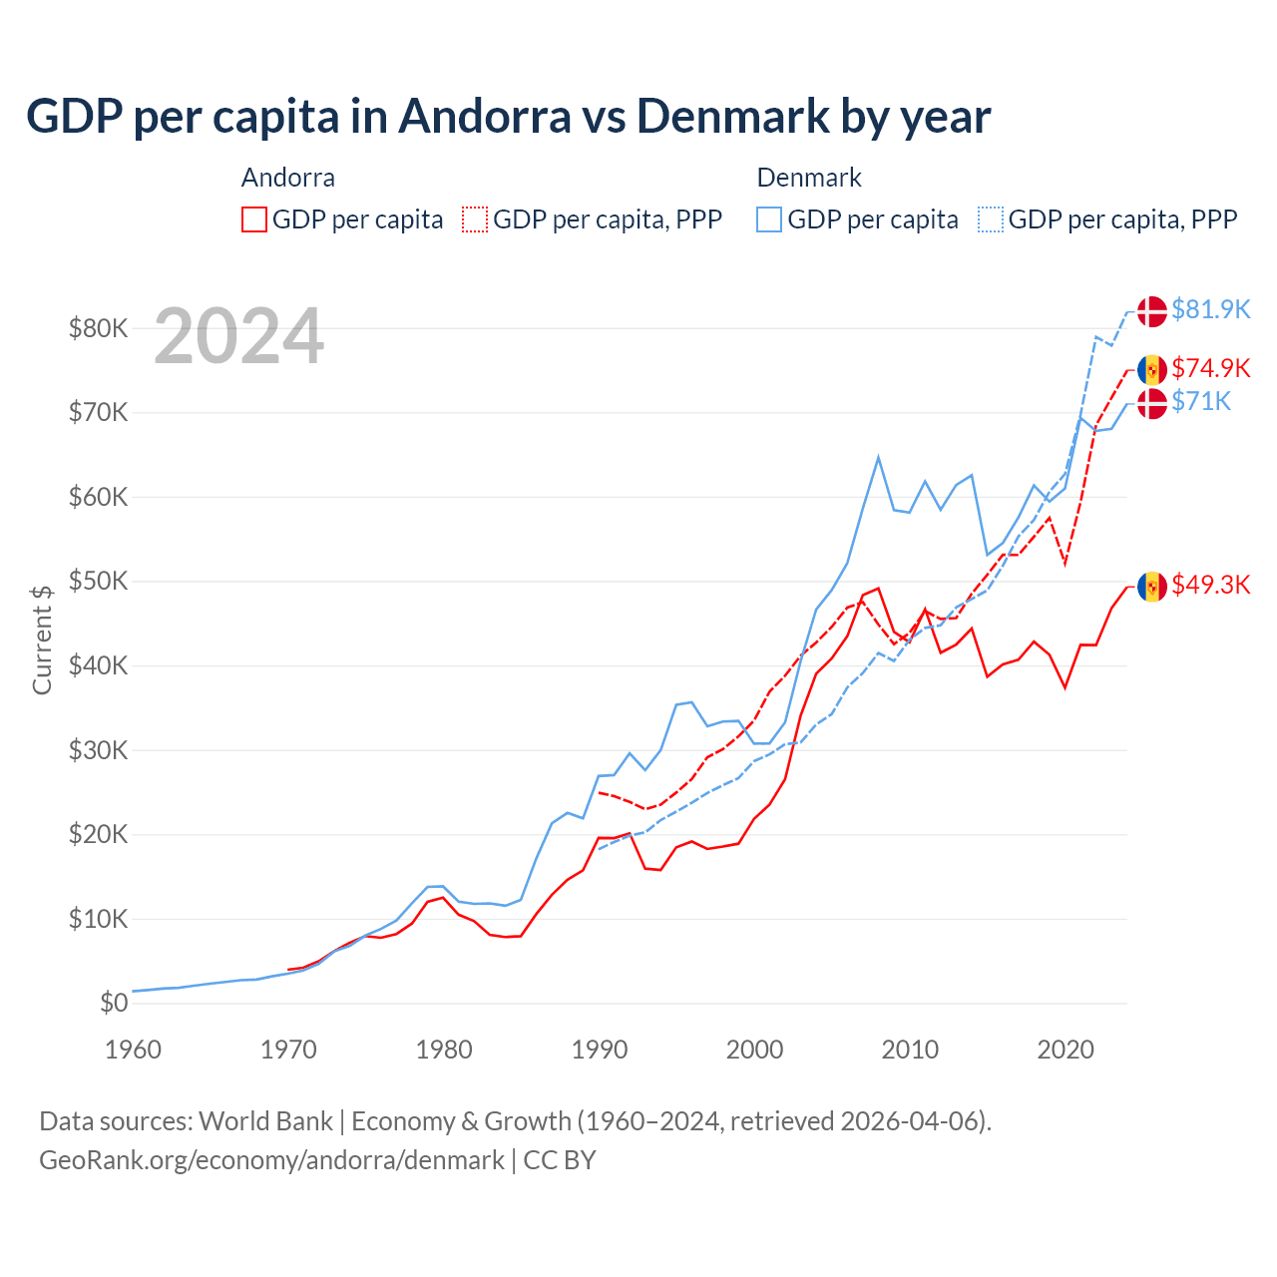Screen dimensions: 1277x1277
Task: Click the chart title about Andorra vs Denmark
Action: pos(508,117)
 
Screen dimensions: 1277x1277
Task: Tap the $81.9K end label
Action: pos(1210,309)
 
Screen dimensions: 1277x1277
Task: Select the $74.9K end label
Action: pos(1210,368)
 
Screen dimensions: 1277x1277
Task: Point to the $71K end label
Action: pos(1201,401)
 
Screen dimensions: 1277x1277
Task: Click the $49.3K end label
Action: pos(1210,585)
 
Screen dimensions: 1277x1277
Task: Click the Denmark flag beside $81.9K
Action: pos(1152,311)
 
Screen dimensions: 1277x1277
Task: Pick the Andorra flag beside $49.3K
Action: pos(1152,587)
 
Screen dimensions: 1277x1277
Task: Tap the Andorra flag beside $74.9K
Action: pos(1152,370)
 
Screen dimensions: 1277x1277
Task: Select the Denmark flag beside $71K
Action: pos(1152,404)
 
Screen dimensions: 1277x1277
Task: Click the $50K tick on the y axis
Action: pos(98,582)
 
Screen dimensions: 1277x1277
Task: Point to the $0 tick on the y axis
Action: pos(114,1004)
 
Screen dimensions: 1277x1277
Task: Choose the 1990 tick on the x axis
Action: pos(600,1050)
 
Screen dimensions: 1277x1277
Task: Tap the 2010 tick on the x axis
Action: pos(910,1050)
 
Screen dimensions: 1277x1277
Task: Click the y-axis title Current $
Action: pos(42,639)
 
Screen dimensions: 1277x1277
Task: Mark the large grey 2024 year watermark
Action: pos(238,336)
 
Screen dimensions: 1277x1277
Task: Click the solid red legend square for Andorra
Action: pos(254,219)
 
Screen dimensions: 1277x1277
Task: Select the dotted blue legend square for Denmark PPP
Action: pos(991,219)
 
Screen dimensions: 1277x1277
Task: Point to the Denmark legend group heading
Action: pos(809,178)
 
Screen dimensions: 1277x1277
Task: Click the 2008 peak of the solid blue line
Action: pos(878,458)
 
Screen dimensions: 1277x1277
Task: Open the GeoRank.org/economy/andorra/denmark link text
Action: pos(271,1160)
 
